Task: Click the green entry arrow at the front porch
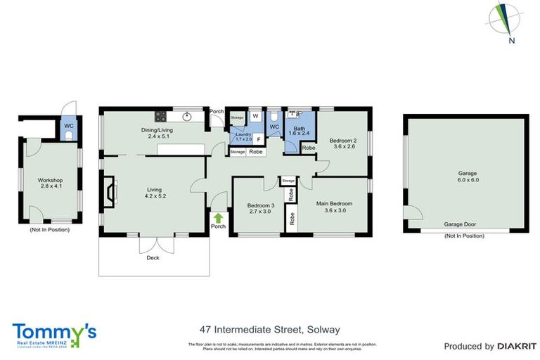click(219, 218)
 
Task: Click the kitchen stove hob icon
click(160, 117)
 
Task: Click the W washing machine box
click(255, 117)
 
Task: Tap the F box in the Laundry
click(258, 139)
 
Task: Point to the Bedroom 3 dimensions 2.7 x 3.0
click(259, 212)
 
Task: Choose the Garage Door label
click(461, 225)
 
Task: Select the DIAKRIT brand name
click(517, 346)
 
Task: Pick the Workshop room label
click(51, 180)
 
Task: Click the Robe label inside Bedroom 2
click(308, 148)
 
